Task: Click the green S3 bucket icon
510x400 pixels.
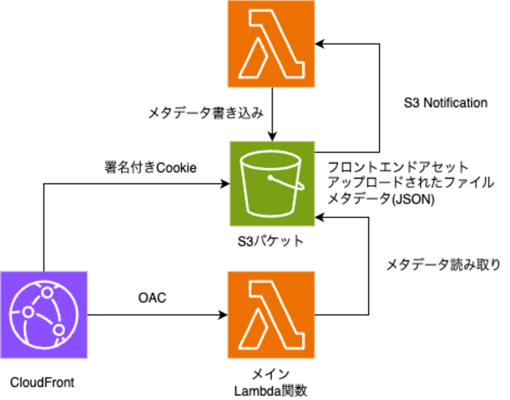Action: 272,183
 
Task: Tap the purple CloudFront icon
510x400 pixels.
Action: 44,314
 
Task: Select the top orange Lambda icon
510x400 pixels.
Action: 271,44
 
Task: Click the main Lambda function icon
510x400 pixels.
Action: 271,314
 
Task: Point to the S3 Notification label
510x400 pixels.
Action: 446,103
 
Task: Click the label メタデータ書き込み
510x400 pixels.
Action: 206,113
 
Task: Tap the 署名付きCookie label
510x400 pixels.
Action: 150,167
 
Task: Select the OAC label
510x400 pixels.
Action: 152,298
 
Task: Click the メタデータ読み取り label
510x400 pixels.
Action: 443,265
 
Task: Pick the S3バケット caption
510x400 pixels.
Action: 271,241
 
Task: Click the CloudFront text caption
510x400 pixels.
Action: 42,382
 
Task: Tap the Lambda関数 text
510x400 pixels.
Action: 271,391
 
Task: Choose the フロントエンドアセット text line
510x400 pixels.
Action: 398,167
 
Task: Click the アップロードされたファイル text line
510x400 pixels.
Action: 411,182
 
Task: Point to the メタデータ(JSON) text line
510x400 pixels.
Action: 381,199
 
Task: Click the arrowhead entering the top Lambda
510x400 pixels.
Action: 319,44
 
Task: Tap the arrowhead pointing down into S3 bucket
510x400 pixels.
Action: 272,137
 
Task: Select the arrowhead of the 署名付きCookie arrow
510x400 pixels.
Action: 225,183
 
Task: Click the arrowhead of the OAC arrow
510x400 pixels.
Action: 223,315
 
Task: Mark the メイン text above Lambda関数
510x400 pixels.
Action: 271,374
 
